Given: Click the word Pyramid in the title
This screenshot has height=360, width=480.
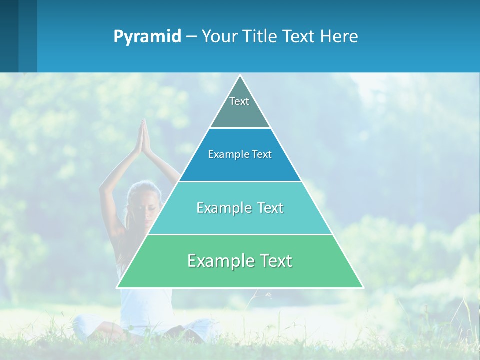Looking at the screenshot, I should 147,37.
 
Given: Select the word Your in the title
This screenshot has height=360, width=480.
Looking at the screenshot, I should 220,37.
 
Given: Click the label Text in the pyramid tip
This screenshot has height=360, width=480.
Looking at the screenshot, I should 239,101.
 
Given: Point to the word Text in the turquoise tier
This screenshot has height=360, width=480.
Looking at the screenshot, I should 269,208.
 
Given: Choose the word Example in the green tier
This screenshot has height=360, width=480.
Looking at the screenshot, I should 218,261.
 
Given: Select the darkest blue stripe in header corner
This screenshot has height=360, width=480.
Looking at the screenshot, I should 9,36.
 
